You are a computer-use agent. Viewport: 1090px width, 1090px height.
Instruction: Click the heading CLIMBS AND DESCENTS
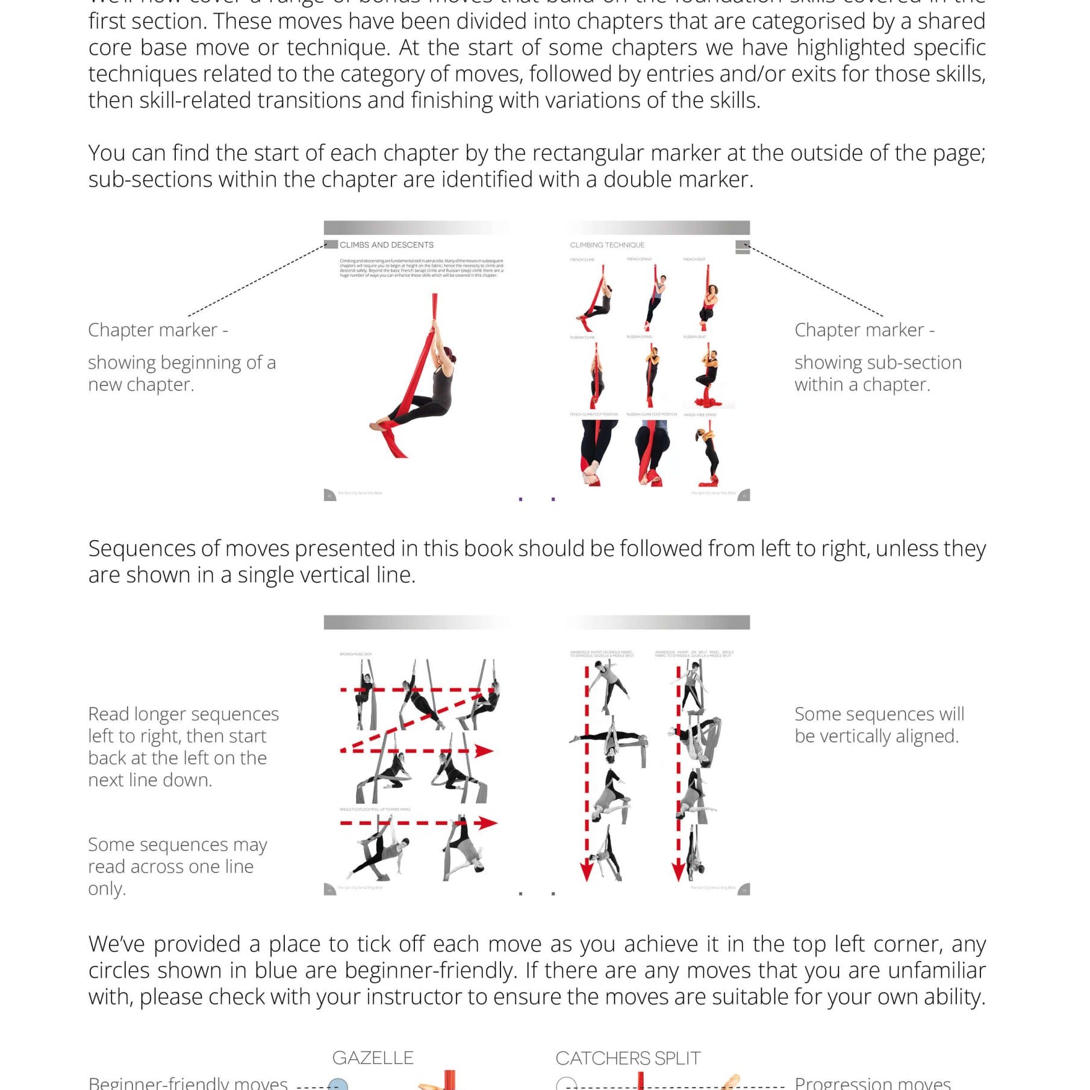pyautogui.click(x=386, y=245)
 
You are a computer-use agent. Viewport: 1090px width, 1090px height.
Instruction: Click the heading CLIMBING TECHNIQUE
pyautogui.click(x=607, y=245)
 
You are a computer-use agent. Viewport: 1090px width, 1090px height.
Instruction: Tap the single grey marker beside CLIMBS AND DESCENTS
pyautogui.click(x=331, y=244)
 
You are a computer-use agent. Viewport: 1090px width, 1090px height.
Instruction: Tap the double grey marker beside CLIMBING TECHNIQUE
pyautogui.click(x=743, y=248)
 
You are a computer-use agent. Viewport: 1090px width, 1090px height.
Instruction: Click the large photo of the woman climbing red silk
pyautogui.click(x=416, y=376)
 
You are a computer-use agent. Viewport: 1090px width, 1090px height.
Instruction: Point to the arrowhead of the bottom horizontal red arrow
pyautogui.click(x=490, y=823)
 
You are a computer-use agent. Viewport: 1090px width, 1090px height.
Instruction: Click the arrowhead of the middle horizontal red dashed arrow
pyautogui.click(x=484, y=750)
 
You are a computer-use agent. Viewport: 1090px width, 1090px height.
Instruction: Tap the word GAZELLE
pyautogui.click(x=373, y=1058)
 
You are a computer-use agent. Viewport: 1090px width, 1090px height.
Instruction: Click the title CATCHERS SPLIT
pyautogui.click(x=628, y=1058)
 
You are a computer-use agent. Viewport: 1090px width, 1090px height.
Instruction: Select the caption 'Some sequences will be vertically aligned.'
pyautogui.click(x=879, y=724)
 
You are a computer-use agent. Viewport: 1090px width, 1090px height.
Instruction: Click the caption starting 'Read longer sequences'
pyautogui.click(x=183, y=747)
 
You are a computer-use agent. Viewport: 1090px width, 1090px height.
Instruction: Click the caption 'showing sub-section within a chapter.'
pyautogui.click(x=877, y=373)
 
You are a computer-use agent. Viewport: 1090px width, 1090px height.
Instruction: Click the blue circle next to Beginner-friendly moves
pyautogui.click(x=338, y=1085)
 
